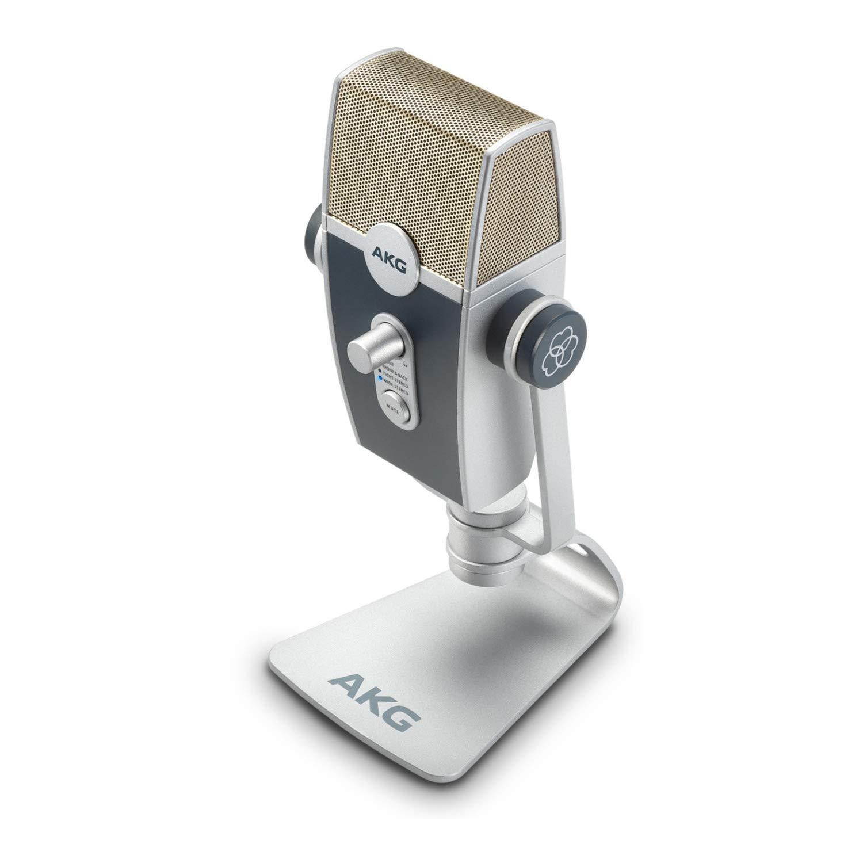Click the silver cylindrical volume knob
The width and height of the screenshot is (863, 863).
tap(365, 349)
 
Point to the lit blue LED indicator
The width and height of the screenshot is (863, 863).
tap(379, 380)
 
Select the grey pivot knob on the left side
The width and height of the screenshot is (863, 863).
tap(314, 236)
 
